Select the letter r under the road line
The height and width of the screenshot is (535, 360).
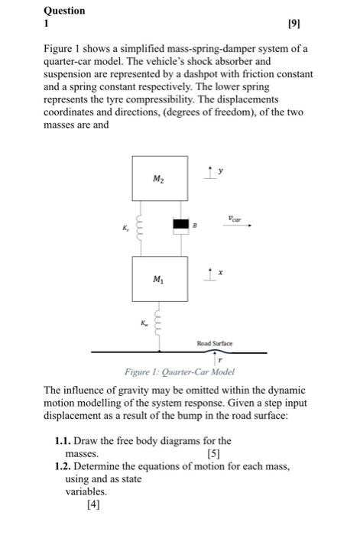click(220, 360)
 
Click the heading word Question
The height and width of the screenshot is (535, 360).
click(64, 11)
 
